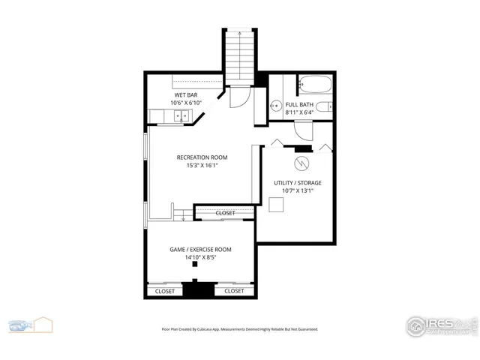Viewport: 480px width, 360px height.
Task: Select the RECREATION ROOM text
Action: pos(202,157)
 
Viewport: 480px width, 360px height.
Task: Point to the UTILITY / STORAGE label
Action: pos(298,183)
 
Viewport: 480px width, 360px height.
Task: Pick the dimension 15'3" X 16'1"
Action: pos(202,166)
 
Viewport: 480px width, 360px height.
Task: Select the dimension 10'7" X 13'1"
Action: pos(298,191)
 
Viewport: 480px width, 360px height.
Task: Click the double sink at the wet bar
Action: pos(179,115)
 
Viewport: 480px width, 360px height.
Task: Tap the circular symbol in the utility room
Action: pos(301,163)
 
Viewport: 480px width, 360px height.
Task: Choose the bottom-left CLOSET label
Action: pos(164,291)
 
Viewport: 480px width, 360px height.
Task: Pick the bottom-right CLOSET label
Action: pos(234,291)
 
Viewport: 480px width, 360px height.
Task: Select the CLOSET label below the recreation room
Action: pos(225,213)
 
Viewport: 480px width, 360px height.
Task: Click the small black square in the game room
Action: pos(194,264)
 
